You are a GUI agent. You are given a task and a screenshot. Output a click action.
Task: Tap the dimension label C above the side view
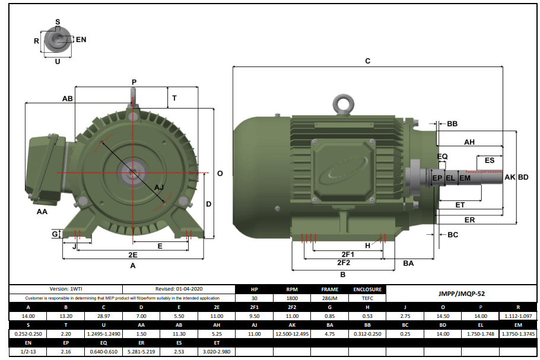coord(367,61)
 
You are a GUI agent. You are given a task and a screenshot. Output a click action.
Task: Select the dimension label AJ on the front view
coord(159,187)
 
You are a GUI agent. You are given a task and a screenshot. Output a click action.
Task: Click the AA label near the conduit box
coord(42,212)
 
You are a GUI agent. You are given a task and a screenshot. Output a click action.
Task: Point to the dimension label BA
coord(408,263)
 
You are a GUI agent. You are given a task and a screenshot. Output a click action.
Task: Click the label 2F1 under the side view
coord(344,254)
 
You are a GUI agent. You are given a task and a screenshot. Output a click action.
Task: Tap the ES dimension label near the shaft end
coord(490,161)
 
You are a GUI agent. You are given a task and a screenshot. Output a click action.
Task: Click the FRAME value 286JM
coord(329,298)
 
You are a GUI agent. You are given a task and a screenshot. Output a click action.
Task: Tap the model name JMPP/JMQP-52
coord(461,294)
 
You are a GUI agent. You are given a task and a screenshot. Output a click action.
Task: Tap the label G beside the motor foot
coord(55,235)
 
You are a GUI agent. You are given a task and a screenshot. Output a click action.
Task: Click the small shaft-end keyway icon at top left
coord(58,39)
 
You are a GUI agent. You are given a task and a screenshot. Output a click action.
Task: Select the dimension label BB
coord(452,124)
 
